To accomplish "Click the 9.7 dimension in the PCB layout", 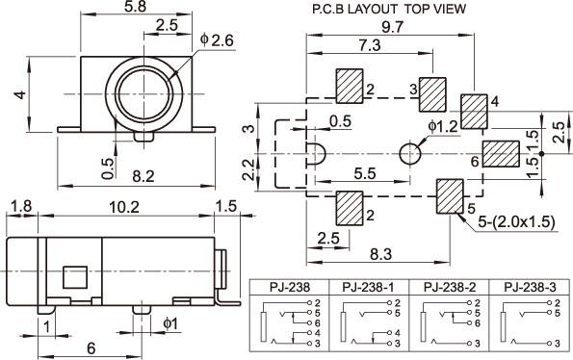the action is tap(392, 27).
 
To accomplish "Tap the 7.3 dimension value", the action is tap(369, 45).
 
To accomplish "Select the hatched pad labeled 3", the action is tap(432, 94).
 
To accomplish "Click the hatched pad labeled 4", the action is tap(474, 112).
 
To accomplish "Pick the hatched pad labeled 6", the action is tap(501, 154).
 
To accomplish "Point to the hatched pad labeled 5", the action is tap(451, 196).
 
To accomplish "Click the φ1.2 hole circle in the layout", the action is tap(409, 154).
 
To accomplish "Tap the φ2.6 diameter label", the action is tap(217, 40).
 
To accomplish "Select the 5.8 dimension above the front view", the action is tap(135, 7).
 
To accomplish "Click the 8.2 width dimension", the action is tap(143, 176).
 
